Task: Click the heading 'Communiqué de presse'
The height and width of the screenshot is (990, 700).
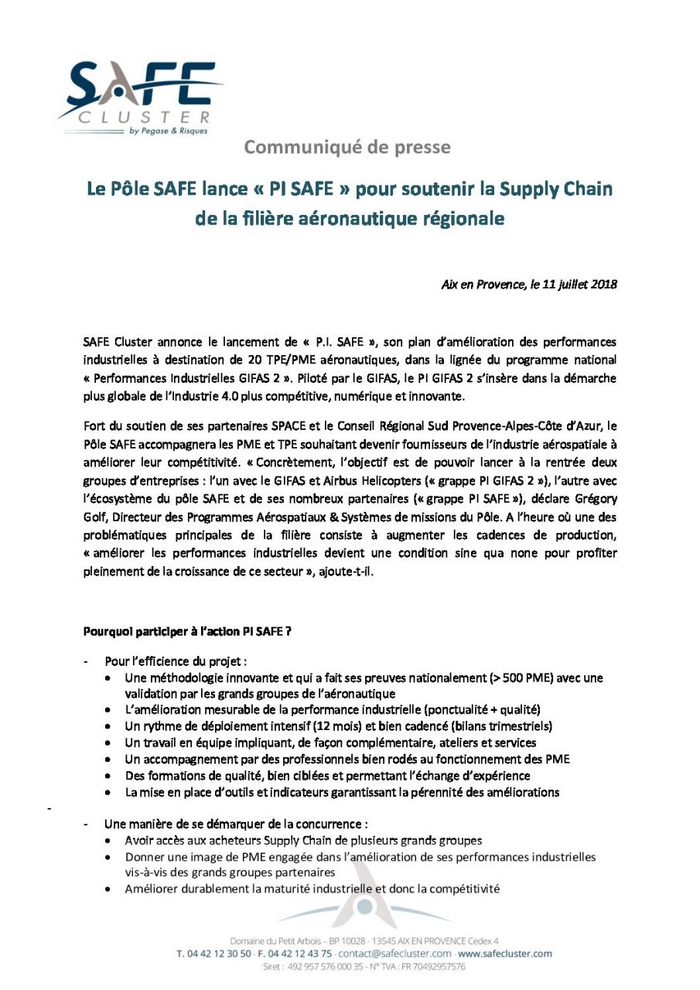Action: click(x=358, y=146)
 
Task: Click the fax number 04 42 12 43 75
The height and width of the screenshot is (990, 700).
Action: click(x=302, y=954)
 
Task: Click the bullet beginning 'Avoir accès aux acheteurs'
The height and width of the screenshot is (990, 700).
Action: click(x=303, y=840)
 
